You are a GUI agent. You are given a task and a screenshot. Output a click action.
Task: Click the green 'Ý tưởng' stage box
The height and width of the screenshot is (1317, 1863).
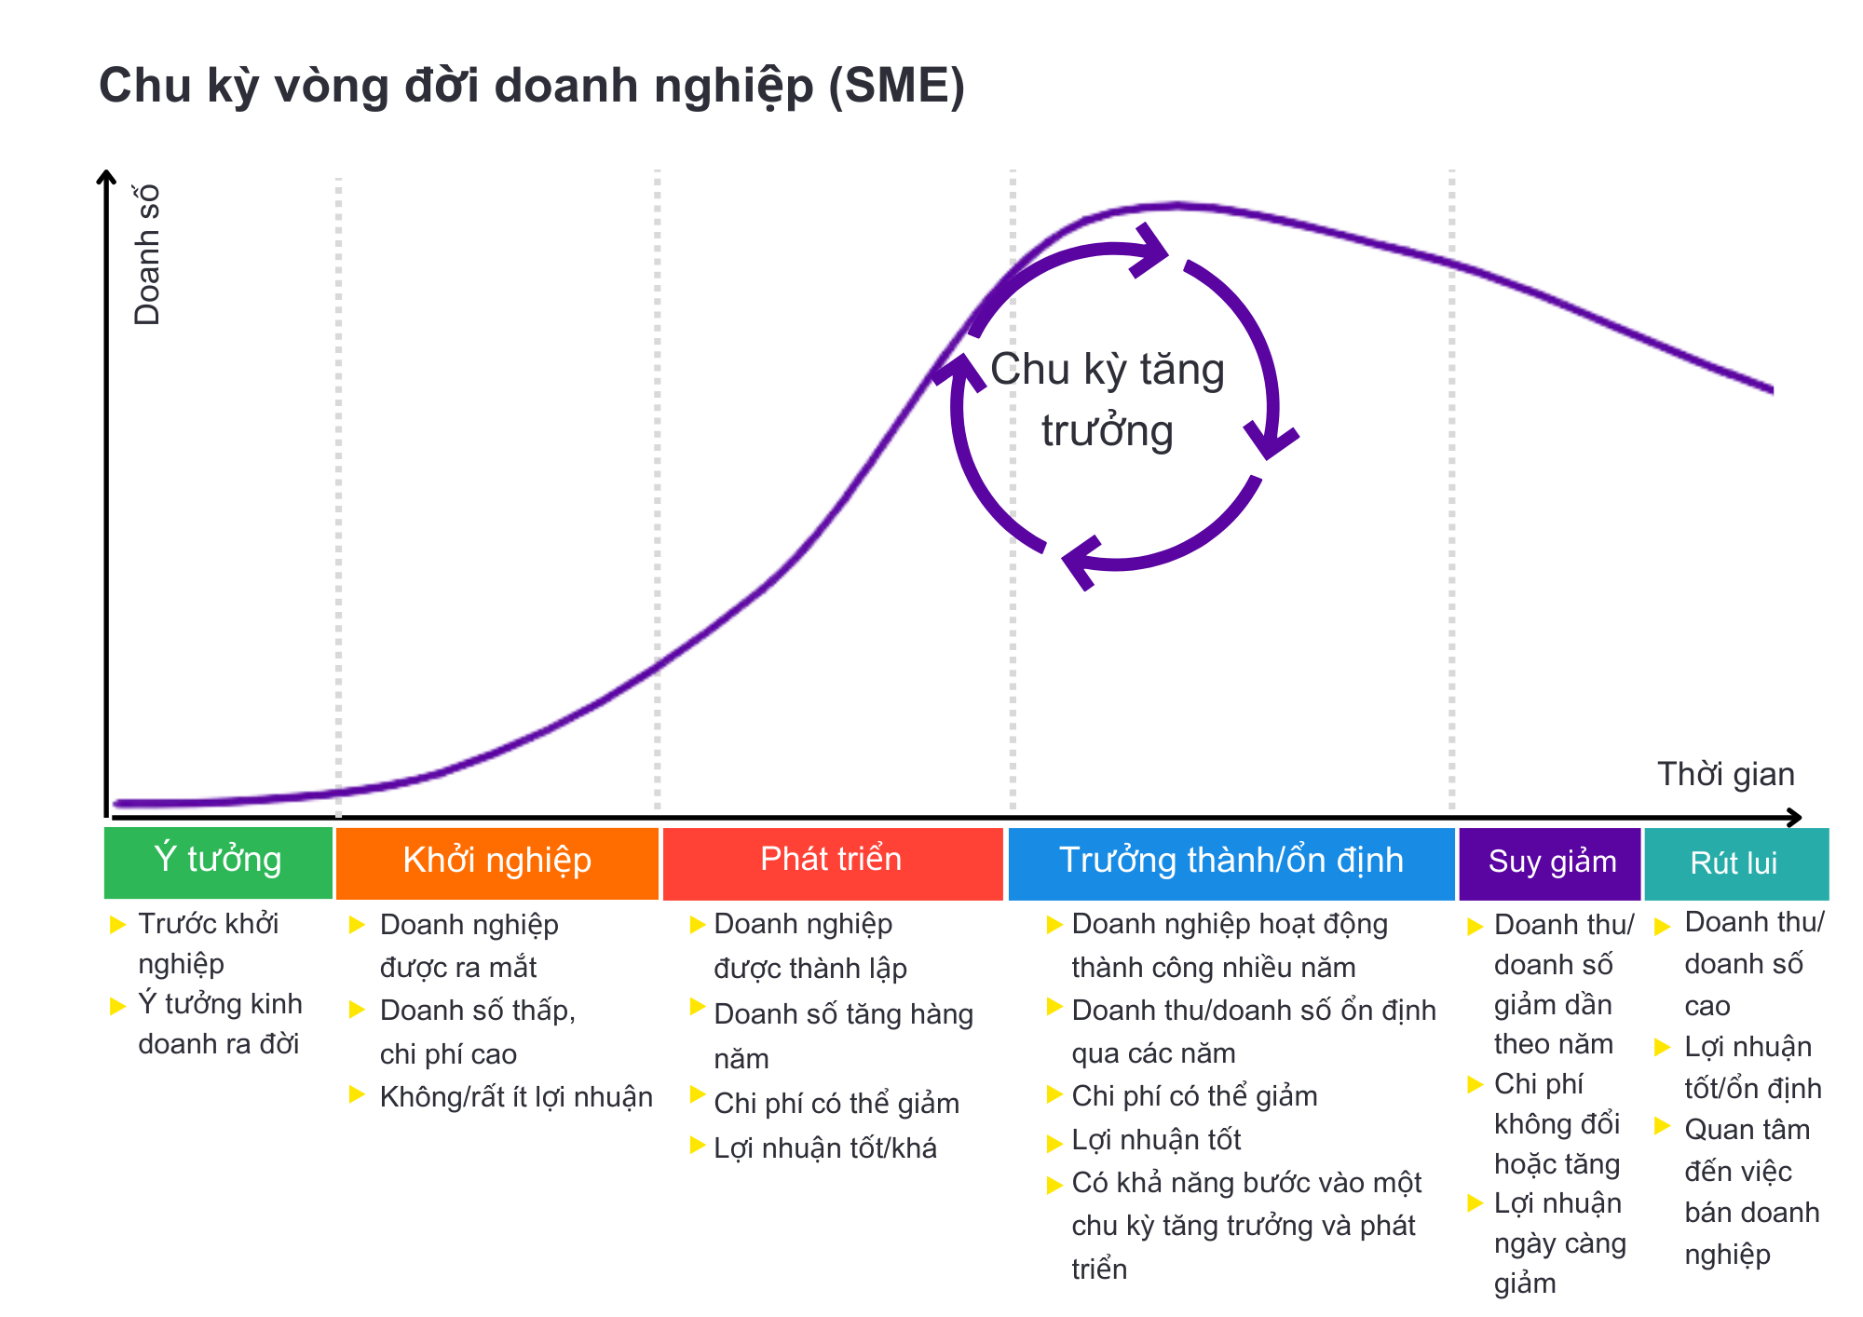click(218, 862)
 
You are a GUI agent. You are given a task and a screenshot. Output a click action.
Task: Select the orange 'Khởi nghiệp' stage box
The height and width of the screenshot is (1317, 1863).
click(496, 863)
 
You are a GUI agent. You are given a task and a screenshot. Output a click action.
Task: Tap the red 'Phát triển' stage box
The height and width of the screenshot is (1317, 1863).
click(832, 863)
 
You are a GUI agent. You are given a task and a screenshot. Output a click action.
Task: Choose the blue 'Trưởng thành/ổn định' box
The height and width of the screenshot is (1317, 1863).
click(1231, 863)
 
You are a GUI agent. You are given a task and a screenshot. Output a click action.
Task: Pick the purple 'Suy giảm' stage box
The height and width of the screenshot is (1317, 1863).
click(1550, 863)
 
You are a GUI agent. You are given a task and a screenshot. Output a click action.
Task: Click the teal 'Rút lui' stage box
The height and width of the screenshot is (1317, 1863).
click(1736, 863)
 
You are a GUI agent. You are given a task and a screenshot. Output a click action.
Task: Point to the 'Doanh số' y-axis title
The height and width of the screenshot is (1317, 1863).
click(148, 254)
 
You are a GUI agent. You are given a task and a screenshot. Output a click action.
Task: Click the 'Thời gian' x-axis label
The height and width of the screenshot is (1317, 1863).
click(1725, 774)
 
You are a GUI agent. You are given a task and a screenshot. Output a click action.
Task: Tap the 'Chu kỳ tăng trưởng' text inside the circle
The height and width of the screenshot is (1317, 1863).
click(1108, 401)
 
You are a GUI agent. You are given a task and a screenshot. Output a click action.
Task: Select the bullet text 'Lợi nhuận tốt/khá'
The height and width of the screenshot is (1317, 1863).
click(825, 1147)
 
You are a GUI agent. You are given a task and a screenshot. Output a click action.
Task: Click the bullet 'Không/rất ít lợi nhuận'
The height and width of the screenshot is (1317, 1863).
click(516, 1097)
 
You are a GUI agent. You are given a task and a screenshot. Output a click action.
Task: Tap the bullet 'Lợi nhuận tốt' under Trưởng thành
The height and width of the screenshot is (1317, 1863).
click(1156, 1139)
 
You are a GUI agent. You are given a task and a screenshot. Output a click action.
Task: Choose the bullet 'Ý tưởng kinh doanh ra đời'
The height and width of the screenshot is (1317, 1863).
click(220, 1024)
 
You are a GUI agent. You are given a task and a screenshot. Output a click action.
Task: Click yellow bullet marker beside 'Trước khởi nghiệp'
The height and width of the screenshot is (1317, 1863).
click(118, 924)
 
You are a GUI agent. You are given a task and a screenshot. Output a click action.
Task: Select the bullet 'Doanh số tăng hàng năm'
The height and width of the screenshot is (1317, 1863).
click(843, 1036)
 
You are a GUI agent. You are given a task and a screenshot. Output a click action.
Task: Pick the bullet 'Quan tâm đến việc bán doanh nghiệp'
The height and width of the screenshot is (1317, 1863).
click(1751, 1191)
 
